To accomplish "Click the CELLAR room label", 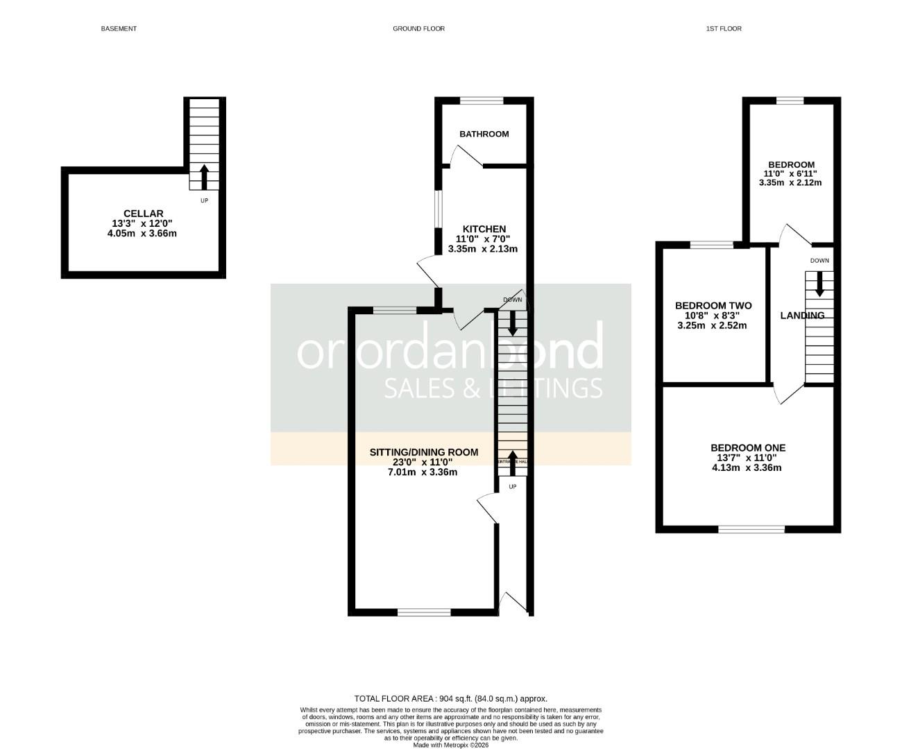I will click(143, 214).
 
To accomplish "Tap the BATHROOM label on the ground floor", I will click(484, 134).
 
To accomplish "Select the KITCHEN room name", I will click(484, 229).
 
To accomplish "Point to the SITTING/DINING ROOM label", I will click(423, 452).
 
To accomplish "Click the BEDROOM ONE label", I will click(747, 448).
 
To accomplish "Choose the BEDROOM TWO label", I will click(713, 305).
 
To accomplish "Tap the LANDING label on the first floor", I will click(802, 316).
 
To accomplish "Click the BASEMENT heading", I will click(119, 28).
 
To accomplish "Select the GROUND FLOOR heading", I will click(418, 28).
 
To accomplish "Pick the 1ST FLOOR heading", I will click(724, 28).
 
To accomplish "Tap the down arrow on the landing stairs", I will click(819, 283).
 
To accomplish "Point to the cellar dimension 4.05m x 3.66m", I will click(143, 234).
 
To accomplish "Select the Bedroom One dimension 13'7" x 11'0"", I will click(747, 458).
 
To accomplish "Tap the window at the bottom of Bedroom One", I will click(751, 529).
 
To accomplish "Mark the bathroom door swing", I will click(465, 155).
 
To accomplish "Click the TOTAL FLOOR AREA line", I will click(450, 698).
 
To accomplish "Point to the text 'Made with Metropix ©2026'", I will click(450, 746).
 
